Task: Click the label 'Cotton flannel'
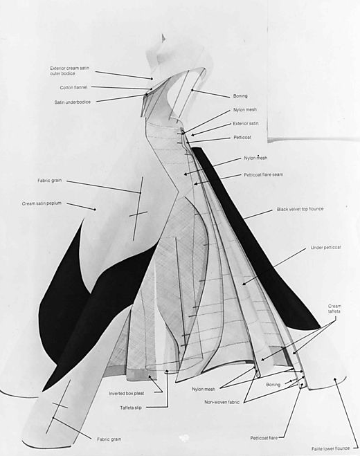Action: (73, 87)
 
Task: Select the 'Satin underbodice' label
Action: (73, 102)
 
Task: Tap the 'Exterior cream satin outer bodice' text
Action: (69, 71)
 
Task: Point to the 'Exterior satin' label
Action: (246, 124)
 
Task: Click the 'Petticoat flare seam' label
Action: (263, 174)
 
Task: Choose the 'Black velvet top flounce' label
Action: (300, 209)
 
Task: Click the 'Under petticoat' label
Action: (325, 248)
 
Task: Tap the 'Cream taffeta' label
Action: (334, 309)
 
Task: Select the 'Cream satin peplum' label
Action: (42, 203)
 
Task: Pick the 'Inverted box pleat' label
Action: (126, 394)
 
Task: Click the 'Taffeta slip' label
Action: (131, 408)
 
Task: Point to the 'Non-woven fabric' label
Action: (222, 402)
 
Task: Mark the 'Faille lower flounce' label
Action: (330, 448)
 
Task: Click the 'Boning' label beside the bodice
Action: (240, 95)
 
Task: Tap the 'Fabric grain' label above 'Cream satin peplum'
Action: (49, 181)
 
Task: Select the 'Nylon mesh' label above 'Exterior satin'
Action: (245, 109)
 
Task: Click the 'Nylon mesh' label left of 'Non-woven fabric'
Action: (204, 389)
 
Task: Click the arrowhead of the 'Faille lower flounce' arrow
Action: (334, 379)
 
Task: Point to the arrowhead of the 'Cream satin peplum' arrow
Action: (95, 209)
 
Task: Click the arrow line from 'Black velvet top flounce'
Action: (258, 215)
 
